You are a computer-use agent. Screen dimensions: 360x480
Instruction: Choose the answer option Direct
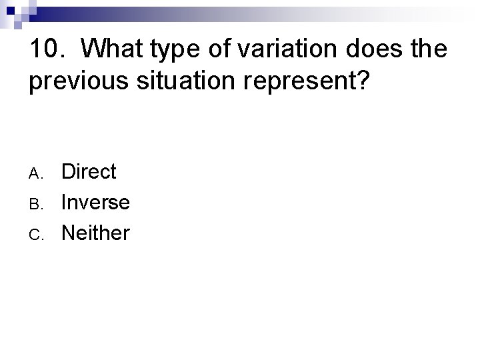pos(89,172)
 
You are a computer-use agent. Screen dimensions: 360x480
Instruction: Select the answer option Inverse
pos(95,203)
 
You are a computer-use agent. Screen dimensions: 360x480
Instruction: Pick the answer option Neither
pos(95,233)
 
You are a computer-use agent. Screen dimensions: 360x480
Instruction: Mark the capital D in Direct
pos(69,172)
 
